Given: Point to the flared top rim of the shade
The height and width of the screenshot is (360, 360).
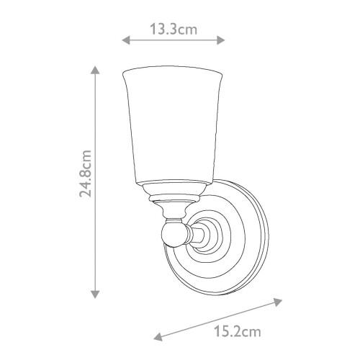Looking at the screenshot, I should coord(171,73).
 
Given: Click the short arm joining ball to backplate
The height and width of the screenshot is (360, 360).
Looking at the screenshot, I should coord(192,233).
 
